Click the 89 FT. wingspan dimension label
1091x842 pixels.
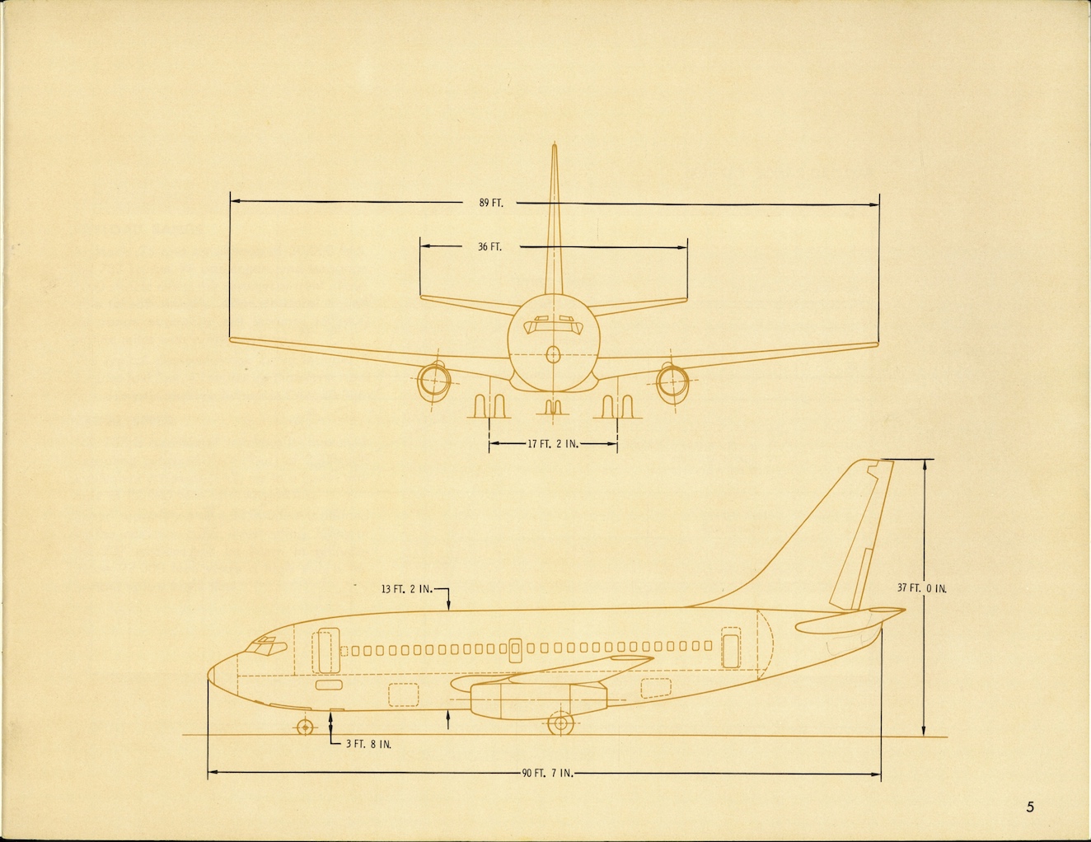click(491, 203)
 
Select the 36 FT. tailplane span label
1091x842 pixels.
click(489, 246)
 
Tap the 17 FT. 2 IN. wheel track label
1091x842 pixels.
click(553, 444)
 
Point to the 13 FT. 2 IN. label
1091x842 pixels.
click(406, 589)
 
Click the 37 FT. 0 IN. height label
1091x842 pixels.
click(922, 588)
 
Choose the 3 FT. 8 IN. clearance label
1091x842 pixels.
click(368, 744)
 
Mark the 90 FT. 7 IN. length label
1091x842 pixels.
click(547, 773)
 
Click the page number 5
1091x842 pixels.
click(1030, 807)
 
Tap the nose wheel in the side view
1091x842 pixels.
click(305, 727)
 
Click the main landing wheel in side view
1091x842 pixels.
click(560, 724)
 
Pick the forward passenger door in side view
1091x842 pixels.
click(325, 650)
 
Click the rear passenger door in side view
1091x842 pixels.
click(731, 647)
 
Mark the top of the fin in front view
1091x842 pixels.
click(554, 147)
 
